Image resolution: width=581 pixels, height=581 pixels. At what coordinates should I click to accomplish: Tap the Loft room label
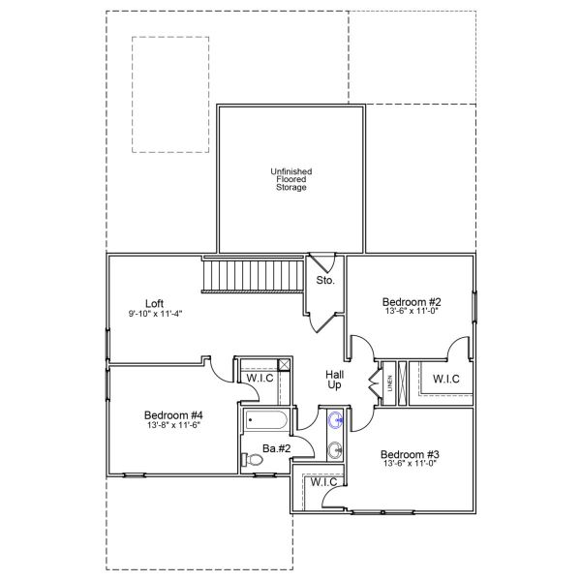click(x=154, y=301)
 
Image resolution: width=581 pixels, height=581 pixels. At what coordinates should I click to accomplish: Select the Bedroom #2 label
click(x=413, y=301)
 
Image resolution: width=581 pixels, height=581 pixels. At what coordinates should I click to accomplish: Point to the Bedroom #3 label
click(x=412, y=454)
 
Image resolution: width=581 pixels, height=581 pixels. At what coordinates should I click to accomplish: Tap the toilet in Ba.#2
click(x=255, y=462)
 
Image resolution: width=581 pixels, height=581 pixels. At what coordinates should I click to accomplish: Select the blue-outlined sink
click(x=336, y=420)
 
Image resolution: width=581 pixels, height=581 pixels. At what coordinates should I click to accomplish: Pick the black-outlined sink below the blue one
click(x=336, y=448)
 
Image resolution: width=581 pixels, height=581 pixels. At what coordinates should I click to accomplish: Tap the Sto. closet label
click(x=325, y=281)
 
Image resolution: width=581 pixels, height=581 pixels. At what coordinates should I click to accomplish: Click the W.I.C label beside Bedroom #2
click(x=446, y=379)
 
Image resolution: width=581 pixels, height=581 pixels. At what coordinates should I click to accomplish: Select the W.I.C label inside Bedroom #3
click(x=323, y=482)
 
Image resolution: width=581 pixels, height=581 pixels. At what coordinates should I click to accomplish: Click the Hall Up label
click(x=334, y=379)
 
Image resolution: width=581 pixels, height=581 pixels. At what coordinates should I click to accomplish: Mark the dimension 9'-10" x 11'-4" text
click(x=155, y=313)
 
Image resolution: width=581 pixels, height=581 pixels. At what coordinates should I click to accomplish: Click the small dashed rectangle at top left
click(x=170, y=95)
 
